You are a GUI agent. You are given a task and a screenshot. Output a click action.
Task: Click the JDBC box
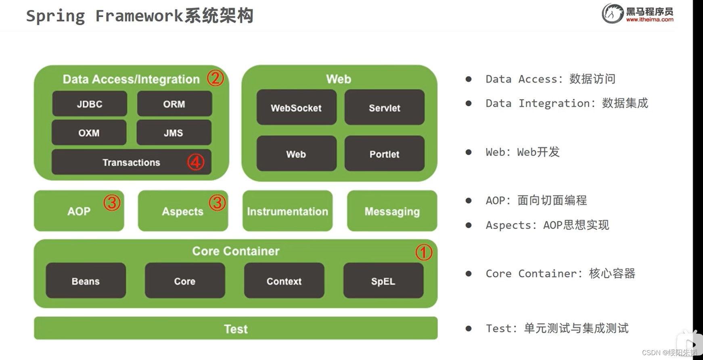pos(90,104)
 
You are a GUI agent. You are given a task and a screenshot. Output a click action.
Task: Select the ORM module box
pos(174,104)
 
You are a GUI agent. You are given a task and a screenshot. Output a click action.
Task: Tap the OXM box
pos(89,132)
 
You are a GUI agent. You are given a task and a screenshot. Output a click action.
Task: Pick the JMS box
pos(174,132)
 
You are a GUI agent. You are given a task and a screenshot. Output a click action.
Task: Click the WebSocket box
pos(296,107)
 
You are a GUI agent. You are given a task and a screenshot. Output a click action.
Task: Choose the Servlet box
pos(384,107)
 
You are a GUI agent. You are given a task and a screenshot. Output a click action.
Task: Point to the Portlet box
pos(384,154)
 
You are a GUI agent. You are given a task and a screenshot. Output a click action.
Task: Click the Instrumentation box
pos(287,211)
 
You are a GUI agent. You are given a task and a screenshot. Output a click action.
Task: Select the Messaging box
pos(392,211)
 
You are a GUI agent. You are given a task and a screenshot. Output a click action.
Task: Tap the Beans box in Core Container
pos(86,281)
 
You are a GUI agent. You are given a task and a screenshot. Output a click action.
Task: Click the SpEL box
pos(383,281)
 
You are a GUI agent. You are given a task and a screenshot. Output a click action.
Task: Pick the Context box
pos(284,281)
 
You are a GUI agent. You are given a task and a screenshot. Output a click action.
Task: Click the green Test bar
pos(236,329)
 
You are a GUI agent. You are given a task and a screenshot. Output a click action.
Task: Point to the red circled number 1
pos(424,252)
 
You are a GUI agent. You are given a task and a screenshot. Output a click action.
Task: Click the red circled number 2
pos(216,78)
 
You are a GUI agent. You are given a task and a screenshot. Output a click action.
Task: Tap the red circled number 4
pos(196,162)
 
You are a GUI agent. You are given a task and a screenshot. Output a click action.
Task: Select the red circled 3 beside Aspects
pos(217,203)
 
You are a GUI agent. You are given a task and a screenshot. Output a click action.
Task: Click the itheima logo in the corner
pos(637,13)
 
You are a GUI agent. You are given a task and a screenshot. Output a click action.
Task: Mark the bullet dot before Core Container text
pos(469,274)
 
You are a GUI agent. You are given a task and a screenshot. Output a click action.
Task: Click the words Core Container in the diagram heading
pos(236,251)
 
